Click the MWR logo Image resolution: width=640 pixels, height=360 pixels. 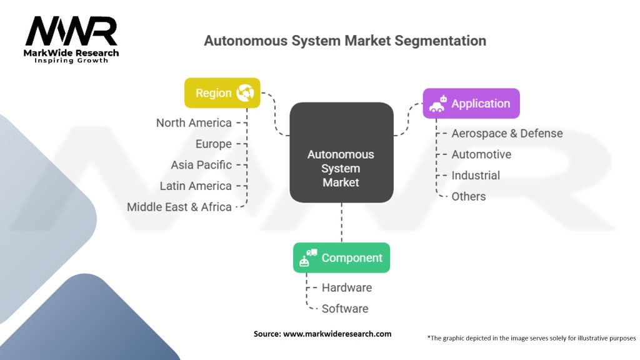click(x=71, y=39)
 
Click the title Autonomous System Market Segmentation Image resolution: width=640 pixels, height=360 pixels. click(x=345, y=41)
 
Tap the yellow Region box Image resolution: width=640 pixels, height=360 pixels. click(x=222, y=93)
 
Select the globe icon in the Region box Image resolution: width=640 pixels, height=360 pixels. click(x=245, y=93)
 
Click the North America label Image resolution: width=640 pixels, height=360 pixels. click(x=194, y=123)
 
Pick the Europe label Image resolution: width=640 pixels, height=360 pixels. click(x=214, y=144)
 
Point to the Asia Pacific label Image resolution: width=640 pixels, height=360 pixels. click(x=201, y=165)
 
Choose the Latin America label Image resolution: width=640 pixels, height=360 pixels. click(x=196, y=186)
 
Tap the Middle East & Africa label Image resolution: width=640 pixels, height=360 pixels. click(x=179, y=207)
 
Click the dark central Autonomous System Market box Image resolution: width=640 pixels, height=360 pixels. click(x=342, y=152)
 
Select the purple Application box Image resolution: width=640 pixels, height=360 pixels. click(x=471, y=104)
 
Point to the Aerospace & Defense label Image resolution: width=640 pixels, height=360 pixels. click(x=507, y=134)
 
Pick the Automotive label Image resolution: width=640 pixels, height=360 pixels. click(x=481, y=154)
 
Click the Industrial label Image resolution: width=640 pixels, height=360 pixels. click(x=476, y=176)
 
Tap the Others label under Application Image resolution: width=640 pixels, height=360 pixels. click(x=469, y=196)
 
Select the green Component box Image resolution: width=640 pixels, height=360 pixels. click(x=342, y=258)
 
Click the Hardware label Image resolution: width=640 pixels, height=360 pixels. click(x=346, y=287)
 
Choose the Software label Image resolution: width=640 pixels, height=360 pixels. click(x=345, y=309)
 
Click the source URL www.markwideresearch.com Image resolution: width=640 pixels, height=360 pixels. click(x=337, y=334)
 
